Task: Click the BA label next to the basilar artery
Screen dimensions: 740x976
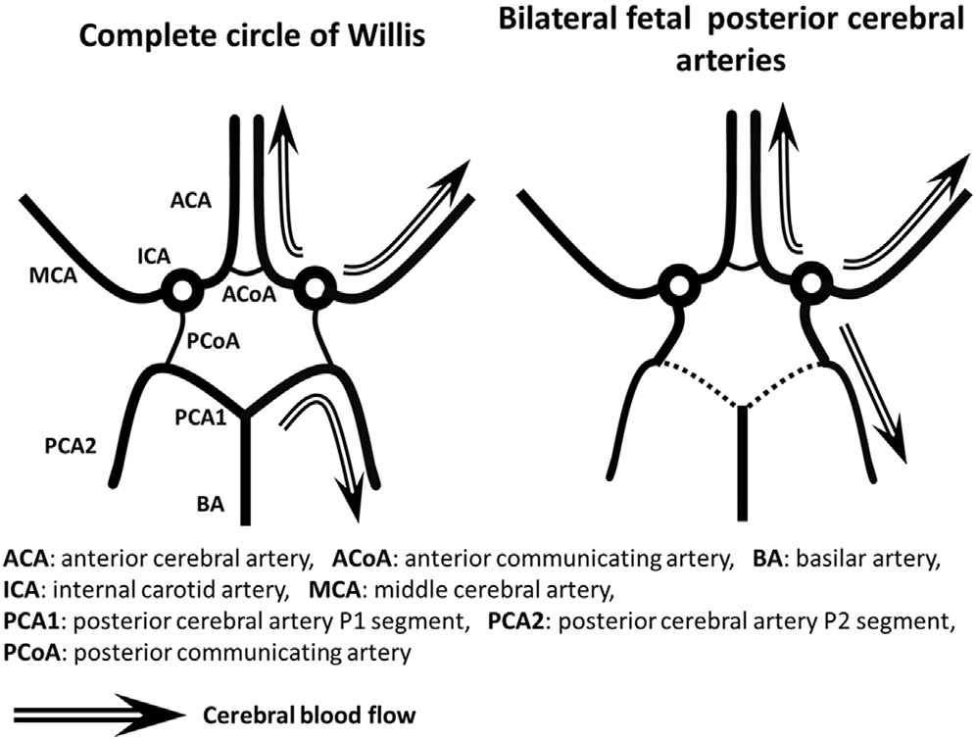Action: point(210,506)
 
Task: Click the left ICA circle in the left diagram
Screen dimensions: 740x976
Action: point(181,290)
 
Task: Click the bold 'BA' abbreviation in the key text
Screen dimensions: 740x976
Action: point(766,559)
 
